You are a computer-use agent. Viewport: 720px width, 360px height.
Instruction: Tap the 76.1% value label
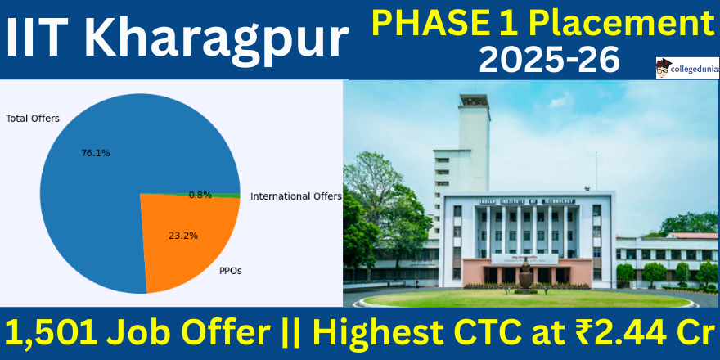pos(96,153)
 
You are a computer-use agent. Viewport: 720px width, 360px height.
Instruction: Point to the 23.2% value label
pos(183,236)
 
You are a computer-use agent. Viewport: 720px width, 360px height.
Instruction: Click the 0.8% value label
pos(200,196)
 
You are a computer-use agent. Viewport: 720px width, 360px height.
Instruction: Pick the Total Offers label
pos(33,119)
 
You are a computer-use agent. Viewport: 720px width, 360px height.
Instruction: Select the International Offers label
pos(296,196)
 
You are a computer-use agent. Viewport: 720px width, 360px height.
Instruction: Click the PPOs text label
pos(231,271)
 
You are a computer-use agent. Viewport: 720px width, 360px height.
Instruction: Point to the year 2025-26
pos(550,61)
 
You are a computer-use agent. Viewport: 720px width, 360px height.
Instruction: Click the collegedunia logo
pos(687,69)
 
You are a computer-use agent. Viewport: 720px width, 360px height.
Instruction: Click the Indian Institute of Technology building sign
pos(527,201)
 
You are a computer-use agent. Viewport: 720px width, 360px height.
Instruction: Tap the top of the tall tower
pos(474,100)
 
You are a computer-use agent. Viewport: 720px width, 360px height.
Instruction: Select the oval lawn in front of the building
pos(527,299)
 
